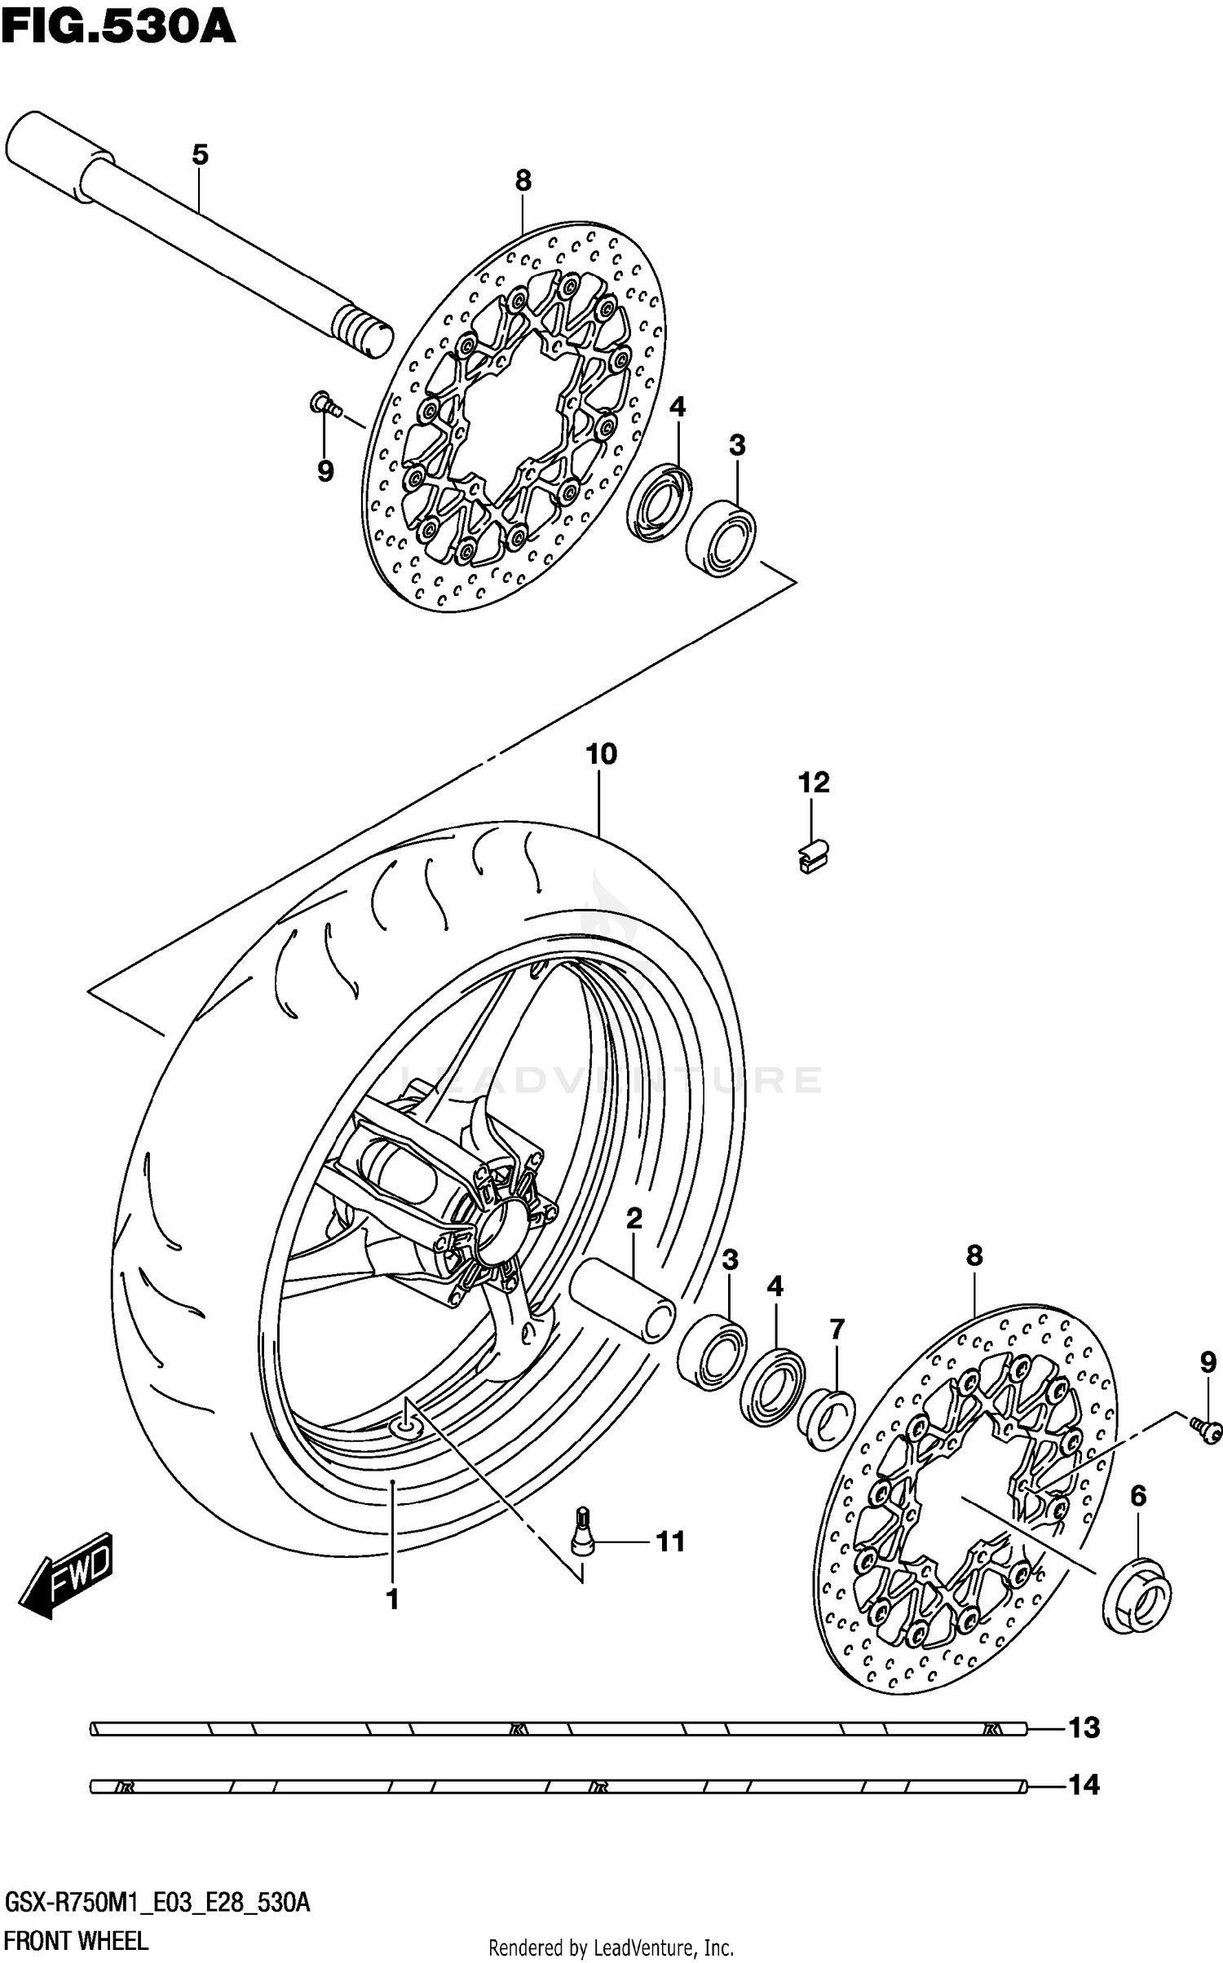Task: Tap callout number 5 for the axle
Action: coord(200,154)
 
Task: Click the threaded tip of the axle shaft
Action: coord(362,331)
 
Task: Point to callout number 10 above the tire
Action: coord(601,754)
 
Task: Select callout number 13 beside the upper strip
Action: coord(1084,1727)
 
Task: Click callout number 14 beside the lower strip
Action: coord(1084,1785)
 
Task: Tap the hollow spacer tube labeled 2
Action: coord(622,1300)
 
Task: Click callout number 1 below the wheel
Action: coord(392,1599)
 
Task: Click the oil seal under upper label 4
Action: coord(659,503)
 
